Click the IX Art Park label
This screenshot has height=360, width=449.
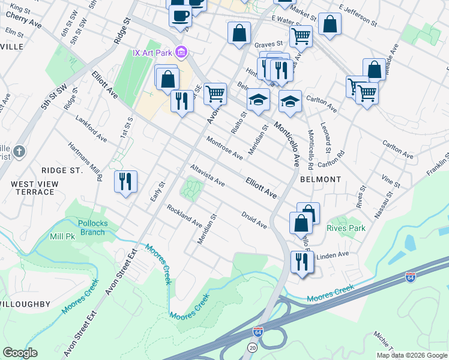pyautogui.click(x=152, y=53)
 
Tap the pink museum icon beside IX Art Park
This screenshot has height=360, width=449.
pyautogui.click(x=182, y=53)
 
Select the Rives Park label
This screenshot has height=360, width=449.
pyautogui.click(x=346, y=228)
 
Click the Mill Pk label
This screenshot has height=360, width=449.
pyautogui.click(x=62, y=236)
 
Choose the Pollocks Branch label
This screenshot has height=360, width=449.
pyautogui.click(x=92, y=227)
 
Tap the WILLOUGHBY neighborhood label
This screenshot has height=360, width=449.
pyautogui.click(x=25, y=304)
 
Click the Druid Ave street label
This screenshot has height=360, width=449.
pyautogui.click(x=254, y=219)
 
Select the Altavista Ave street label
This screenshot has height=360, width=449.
pyautogui.click(x=206, y=175)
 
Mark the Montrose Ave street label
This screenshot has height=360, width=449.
pyautogui.click(x=224, y=148)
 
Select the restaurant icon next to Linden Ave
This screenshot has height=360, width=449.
pyautogui.click(x=301, y=262)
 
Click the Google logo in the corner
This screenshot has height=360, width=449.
pyautogui.click(x=20, y=353)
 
